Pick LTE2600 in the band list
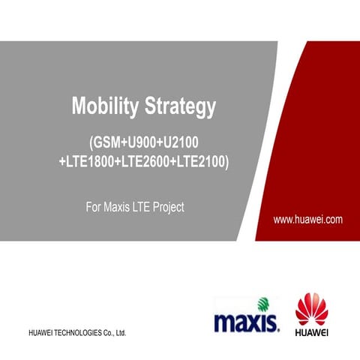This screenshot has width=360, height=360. pos(145,161)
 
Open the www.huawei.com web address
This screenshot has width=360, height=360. pos(308,220)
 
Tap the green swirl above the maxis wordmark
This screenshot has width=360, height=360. pos(262,304)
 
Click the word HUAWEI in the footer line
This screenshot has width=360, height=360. pos(42,331)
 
